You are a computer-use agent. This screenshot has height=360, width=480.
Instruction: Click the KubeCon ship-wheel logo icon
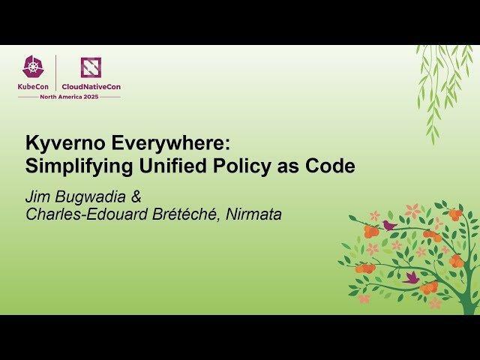pos(34,67)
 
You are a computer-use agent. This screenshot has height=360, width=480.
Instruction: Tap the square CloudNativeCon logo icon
pos(91,67)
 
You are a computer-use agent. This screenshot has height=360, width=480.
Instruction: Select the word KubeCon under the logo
pos(34,87)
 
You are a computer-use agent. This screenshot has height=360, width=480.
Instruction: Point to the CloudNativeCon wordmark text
pos(91,87)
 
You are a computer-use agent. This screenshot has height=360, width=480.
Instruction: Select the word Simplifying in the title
pos(73,166)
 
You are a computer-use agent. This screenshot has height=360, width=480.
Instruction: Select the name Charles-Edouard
pos(86,214)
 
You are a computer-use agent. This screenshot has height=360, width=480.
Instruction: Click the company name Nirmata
pos(254,214)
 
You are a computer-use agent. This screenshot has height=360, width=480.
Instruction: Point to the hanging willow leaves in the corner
pos(442,82)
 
